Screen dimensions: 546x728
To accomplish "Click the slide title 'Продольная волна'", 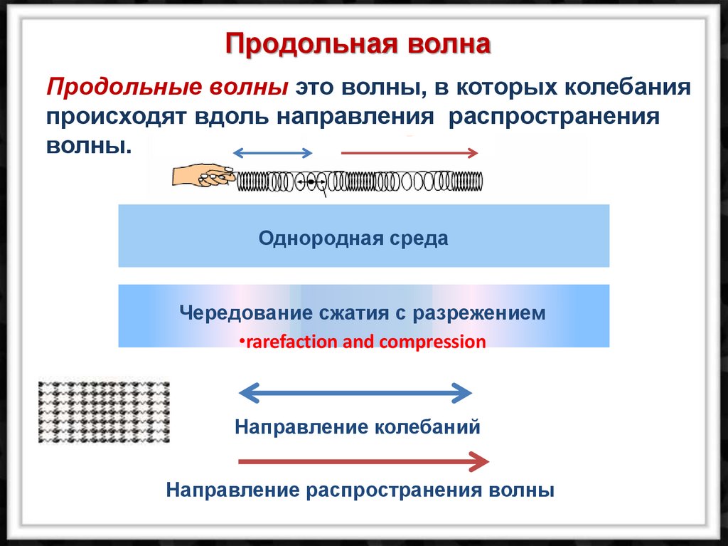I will point(358,44).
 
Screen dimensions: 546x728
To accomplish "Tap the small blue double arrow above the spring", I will point(273,152).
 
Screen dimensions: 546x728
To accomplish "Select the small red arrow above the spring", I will point(409,152).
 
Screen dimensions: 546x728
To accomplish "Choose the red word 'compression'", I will point(432,342).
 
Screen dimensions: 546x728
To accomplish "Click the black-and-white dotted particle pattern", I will point(104,411).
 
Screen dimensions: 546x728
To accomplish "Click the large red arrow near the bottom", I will point(363,462).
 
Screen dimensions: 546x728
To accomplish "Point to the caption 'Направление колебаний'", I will point(358,427).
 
